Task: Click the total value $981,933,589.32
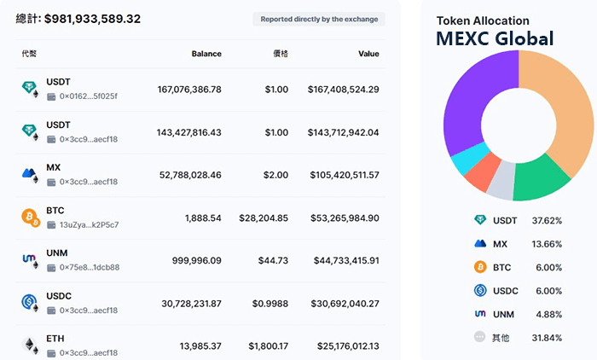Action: click(x=93, y=18)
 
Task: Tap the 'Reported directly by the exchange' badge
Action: click(x=320, y=19)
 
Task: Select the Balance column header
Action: click(x=206, y=54)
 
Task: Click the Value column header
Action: click(x=368, y=54)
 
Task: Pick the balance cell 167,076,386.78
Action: click(x=189, y=89)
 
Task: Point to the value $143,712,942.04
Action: click(x=339, y=132)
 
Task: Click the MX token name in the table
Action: click(x=54, y=167)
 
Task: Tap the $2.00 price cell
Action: click(x=275, y=175)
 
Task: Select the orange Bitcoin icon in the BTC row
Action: click(x=30, y=217)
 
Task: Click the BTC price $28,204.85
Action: click(x=264, y=218)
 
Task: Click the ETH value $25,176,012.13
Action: click(x=339, y=345)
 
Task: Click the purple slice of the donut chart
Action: click(x=469, y=102)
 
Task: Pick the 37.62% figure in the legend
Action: click(x=547, y=220)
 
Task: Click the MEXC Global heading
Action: click(x=495, y=38)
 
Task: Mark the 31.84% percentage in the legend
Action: click(x=547, y=337)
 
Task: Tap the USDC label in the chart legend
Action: click(x=506, y=290)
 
